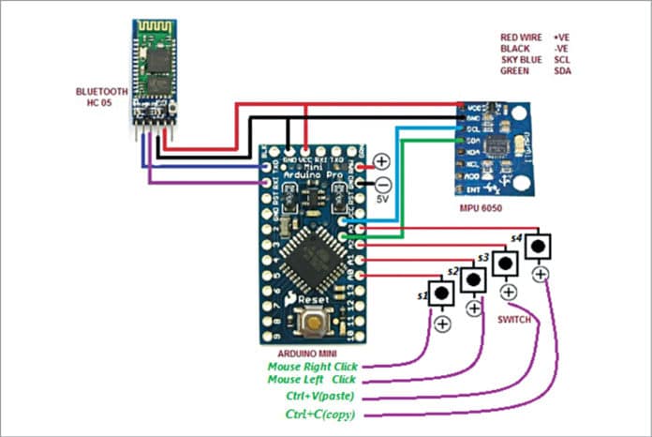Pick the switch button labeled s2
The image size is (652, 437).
[474, 279]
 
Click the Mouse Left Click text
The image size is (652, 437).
[312, 382]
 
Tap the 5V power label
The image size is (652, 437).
[381, 199]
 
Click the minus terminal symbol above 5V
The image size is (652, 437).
[382, 183]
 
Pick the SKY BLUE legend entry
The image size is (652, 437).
[521, 59]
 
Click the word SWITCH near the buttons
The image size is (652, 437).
[517, 320]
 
